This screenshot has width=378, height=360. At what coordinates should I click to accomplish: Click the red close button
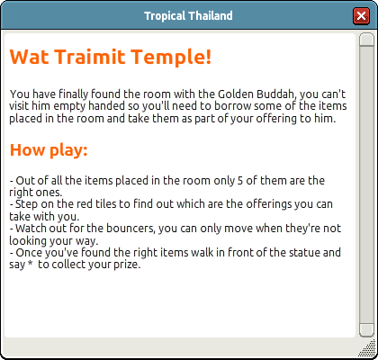point(361,15)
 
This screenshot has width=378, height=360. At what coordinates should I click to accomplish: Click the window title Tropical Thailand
point(188,15)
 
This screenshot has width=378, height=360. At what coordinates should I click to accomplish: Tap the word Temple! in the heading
point(171,58)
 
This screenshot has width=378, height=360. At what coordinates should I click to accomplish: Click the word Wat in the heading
point(29,57)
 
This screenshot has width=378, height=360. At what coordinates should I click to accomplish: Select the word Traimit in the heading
point(90,57)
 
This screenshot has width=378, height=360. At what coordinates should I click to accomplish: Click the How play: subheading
point(49,149)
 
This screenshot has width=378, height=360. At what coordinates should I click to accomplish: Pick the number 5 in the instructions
point(239,181)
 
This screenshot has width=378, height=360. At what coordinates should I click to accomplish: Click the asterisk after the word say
point(30,264)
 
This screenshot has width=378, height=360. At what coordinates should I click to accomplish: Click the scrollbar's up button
point(366,39)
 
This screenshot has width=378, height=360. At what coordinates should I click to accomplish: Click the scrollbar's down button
point(366,330)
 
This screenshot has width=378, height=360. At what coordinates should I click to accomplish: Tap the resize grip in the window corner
point(368,348)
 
